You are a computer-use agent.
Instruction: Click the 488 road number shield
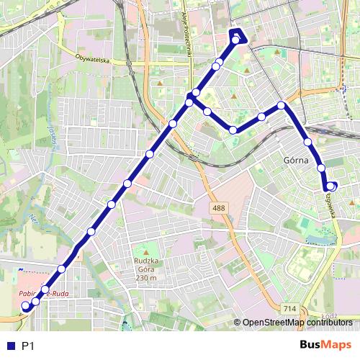[x=218, y=207]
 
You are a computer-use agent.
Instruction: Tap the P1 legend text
[x=28, y=346]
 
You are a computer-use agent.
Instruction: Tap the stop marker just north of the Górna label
[x=308, y=142]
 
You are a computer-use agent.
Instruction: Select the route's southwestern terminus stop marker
[x=26, y=306]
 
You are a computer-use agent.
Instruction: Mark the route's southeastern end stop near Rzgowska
[x=331, y=186]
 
